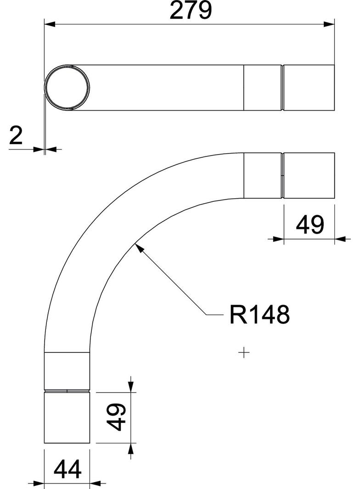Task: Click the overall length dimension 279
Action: coord(191,11)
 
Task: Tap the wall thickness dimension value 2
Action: coord(16,136)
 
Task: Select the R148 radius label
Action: coord(259,315)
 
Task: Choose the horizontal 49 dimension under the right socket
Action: coord(310,225)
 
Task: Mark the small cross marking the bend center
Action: coord(244,352)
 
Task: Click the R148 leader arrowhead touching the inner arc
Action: coord(138,248)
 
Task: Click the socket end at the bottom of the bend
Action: coord(67,417)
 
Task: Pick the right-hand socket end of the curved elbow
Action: coord(309,175)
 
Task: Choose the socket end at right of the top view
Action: coord(309,88)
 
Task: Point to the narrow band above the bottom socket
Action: coord(67,371)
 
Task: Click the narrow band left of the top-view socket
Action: coord(262,88)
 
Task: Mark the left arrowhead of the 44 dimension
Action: coord(39,483)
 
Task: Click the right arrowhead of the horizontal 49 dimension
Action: coord(340,238)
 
